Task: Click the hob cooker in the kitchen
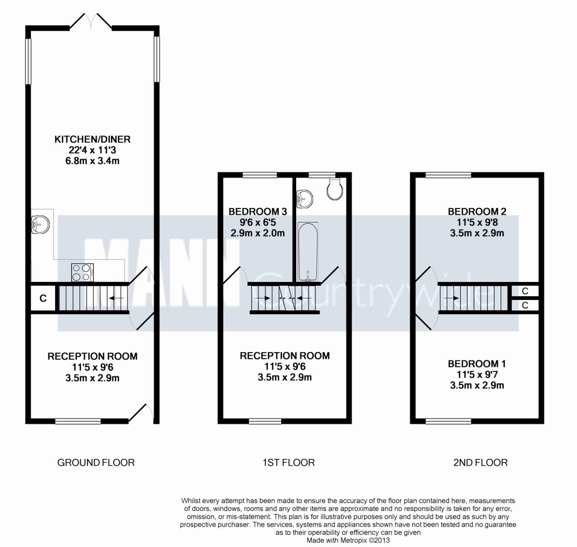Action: coord(82,272)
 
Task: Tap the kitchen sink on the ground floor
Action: coord(40,225)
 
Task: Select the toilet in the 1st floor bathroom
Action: coord(335,189)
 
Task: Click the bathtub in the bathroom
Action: coord(308,252)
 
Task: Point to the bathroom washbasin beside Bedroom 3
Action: coord(305,199)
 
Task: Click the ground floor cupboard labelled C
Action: coord(43,298)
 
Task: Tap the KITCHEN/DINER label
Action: coord(92,139)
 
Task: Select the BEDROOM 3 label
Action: coord(258,211)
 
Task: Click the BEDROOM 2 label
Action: coord(477,211)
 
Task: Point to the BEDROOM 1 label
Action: coord(477,364)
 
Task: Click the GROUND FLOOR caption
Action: coord(96,463)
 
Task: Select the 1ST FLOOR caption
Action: coord(288,463)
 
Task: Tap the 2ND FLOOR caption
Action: coord(480,463)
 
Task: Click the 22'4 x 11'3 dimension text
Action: coord(92,150)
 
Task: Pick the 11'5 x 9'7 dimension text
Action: coord(477,375)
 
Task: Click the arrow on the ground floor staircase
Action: coord(116,298)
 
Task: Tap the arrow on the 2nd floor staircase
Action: coord(451,298)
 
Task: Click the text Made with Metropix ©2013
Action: coord(348,540)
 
